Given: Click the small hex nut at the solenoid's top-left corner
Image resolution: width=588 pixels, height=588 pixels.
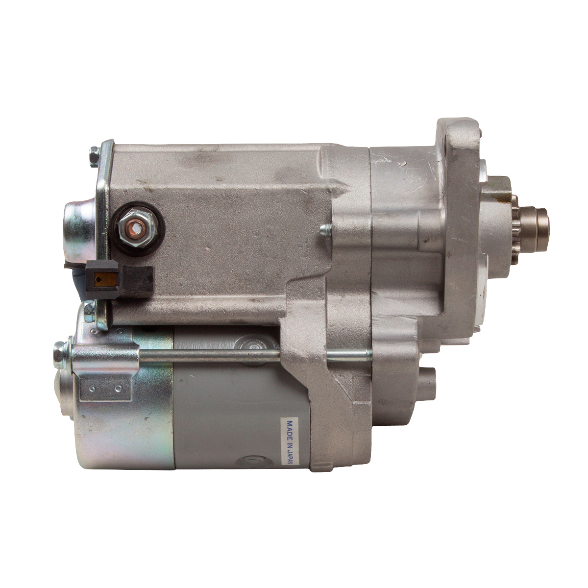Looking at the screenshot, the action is tap(94, 157).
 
